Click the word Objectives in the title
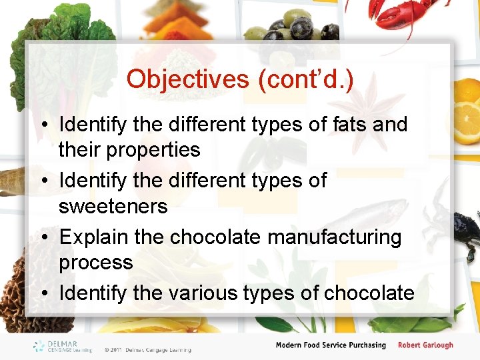(187, 79)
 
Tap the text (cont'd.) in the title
(304, 79)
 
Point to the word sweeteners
(113, 207)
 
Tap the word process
(95, 263)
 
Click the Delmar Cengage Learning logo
(63, 346)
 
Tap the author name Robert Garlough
(425, 345)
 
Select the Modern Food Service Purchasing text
(331, 345)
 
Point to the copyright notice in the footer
(147, 349)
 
